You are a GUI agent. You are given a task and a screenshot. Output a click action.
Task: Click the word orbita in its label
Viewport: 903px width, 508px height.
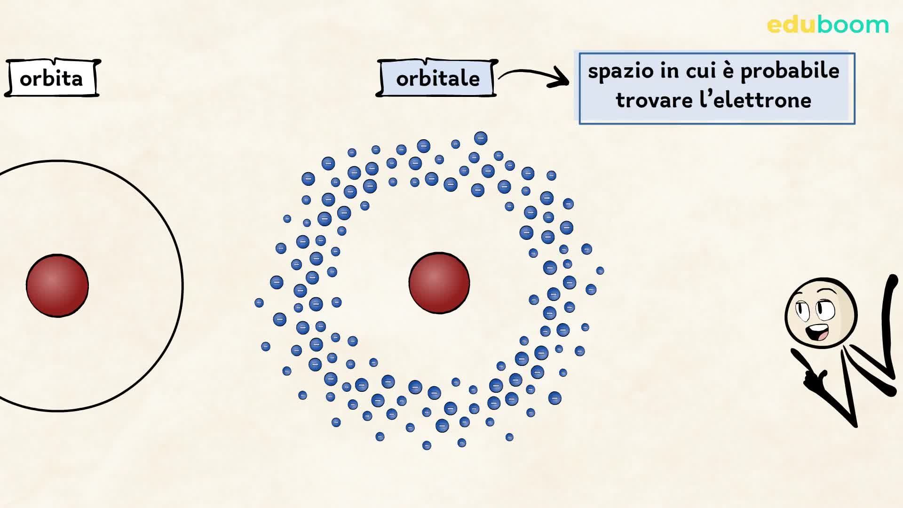51,79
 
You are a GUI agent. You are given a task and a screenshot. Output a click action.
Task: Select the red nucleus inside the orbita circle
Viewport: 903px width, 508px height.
57,286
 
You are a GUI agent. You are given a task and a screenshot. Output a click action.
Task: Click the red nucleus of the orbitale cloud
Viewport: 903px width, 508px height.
439,283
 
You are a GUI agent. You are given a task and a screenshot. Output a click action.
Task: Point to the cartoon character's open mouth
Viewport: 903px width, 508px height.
817,332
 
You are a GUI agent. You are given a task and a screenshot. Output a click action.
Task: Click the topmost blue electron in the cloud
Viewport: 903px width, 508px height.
481,138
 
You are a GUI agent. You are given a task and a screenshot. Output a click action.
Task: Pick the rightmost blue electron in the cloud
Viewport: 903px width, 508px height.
600,270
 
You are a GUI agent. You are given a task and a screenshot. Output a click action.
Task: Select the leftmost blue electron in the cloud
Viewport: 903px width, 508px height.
259,302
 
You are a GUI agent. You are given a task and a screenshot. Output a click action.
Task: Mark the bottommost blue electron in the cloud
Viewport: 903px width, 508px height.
427,445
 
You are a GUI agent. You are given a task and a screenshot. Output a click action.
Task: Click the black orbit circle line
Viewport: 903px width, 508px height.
182,286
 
